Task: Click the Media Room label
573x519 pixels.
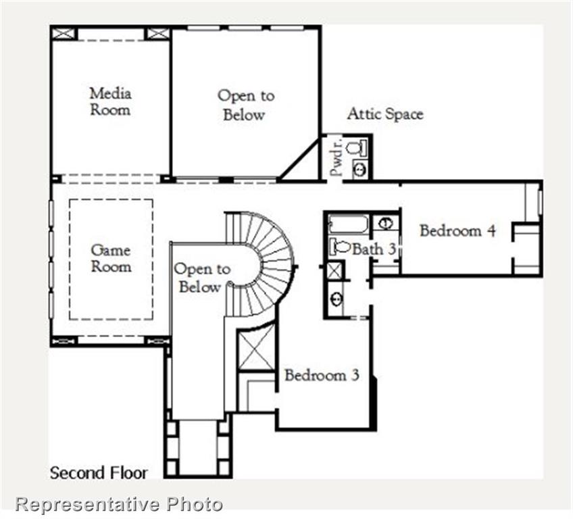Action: [110, 101]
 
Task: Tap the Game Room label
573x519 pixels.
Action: [111, 258]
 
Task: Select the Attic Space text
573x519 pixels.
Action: [385, 114]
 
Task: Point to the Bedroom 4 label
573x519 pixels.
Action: [457, 230]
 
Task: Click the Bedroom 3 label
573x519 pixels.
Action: [322, 375]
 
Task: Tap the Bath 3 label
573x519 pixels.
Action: [374, 249]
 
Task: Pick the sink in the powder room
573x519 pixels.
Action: [359, 169]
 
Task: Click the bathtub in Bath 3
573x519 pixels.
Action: [348, 224]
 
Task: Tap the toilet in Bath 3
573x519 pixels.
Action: [341, 247]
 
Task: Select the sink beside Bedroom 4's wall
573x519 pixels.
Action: [385, 223]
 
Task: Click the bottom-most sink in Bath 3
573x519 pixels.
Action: [336, 297]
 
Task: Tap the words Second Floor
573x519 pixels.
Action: [98, 472]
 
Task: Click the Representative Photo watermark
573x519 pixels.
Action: [119, 503]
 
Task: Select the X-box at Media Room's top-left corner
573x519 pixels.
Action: [64, 33]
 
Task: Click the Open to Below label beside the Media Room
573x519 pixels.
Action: [245, 105]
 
